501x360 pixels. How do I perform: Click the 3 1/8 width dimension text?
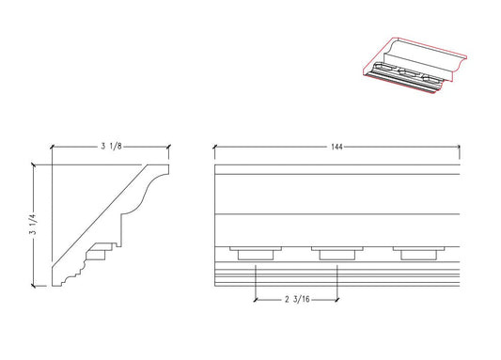pos(110,148)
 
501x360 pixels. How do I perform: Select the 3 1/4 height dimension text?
pos(34,225)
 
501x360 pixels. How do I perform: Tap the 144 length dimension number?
pos(337,148)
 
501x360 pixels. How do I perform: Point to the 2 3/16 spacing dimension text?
pos(296,300)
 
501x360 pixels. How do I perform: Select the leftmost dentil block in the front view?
pos(256,254)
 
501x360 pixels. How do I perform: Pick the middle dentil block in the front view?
pos(337,254)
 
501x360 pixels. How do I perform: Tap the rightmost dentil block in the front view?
pos(417,254)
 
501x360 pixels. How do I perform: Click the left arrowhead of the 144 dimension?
pos(217,148)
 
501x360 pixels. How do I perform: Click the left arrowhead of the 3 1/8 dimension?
pos(54,148)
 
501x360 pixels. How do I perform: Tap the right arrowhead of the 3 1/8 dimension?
pos(166,148)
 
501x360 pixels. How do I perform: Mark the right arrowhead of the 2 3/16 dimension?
pos(335,300)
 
